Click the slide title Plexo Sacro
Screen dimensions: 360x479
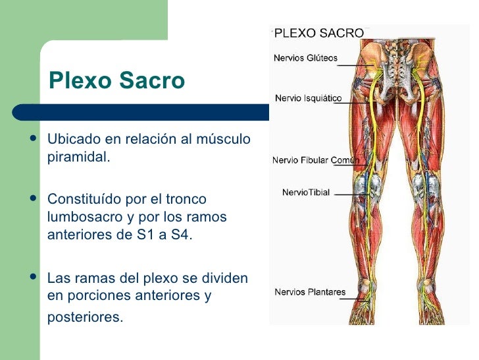116,81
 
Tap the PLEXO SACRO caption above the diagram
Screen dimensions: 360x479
319,32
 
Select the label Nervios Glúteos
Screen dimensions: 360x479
305,58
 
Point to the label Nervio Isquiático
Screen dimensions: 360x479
308,98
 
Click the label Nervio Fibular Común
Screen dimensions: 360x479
315,160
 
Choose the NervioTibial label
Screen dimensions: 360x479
306,193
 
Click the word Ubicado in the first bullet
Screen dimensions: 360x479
72,139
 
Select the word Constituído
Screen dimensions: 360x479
84,198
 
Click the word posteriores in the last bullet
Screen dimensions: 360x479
85,317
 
